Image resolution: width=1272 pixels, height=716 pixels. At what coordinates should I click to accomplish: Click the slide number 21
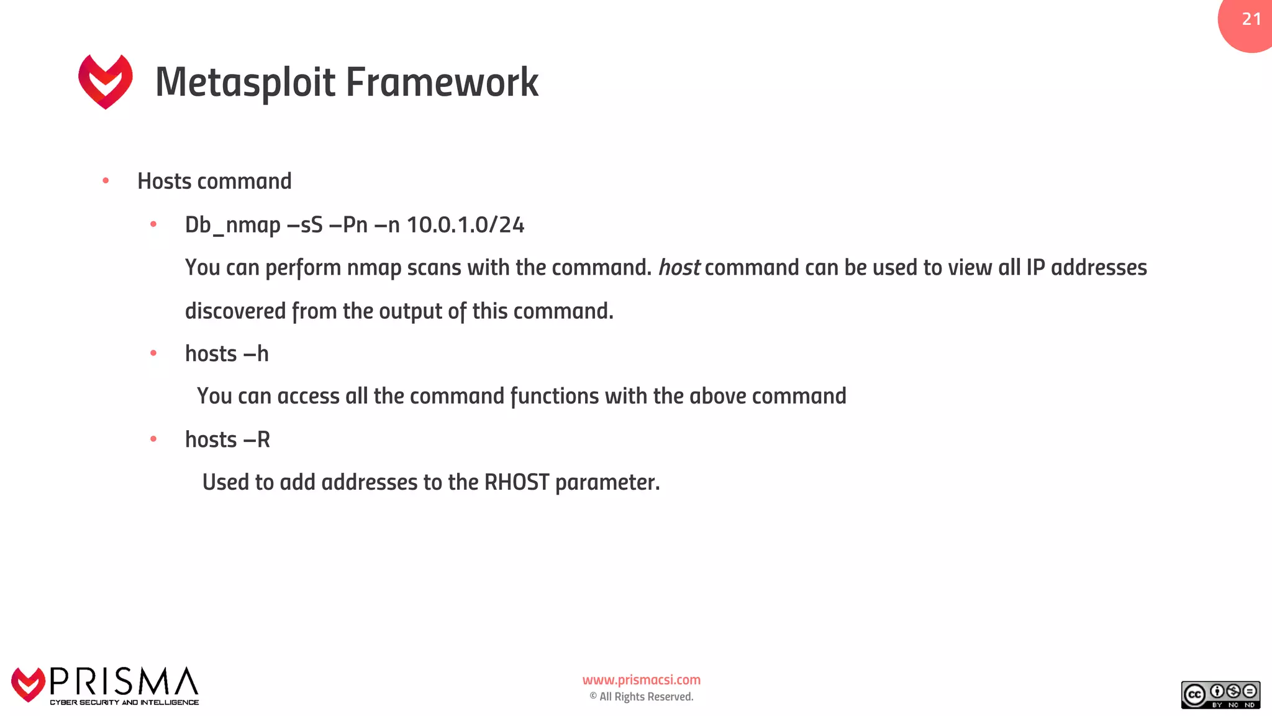click(1251, 19)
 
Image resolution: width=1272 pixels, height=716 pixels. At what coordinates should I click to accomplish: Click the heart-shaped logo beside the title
click(106, 81)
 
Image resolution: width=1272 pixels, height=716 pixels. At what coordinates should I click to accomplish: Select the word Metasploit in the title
click(245, 83)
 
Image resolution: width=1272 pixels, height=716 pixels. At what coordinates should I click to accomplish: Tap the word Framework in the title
click(442, 83)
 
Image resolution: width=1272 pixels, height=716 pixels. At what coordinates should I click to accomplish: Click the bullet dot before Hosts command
click(106, 181)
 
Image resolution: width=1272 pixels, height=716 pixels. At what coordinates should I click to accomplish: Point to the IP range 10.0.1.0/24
click(465, 225)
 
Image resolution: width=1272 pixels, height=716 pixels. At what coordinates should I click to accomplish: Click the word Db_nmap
click(232, 225)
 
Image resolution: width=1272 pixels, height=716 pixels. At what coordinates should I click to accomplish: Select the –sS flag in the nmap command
click(304, 225)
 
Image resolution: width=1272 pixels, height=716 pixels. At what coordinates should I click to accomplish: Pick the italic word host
click(679, 268)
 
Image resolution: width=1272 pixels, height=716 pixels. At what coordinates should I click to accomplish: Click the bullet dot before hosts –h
click(153, 354)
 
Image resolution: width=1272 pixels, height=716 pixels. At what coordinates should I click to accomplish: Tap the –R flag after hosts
click(257, 440)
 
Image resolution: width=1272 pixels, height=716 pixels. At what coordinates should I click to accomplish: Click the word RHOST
click(517, 482)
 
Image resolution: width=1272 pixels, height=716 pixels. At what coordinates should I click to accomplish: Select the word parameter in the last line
click(607, 483)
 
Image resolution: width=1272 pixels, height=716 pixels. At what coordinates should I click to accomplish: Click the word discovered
click(235, 311)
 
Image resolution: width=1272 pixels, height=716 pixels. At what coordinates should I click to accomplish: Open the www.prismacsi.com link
click(641, 680)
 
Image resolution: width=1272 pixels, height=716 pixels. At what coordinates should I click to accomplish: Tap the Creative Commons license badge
click(1220, 695)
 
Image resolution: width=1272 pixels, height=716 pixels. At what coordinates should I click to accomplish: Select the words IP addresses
click(1086, 268)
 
